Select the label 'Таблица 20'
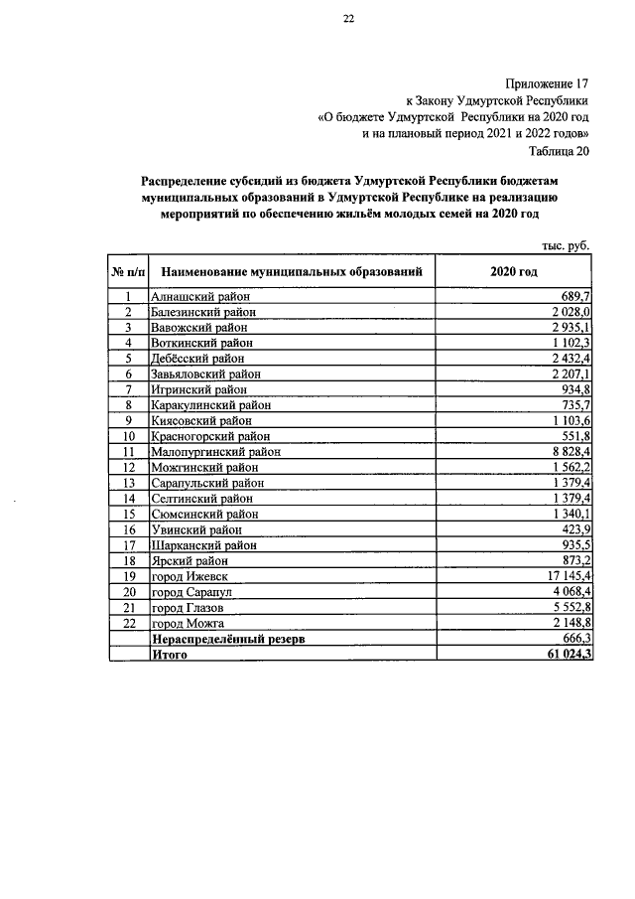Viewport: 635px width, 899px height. coord(561,151)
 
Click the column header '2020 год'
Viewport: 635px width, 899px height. coord(513,271)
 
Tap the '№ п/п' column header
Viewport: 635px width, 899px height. coord(128,271)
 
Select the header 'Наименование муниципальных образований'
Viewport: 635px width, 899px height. coord(293,271)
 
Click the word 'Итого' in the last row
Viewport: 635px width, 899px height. coord(170,656)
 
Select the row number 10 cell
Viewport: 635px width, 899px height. coord(128,435)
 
